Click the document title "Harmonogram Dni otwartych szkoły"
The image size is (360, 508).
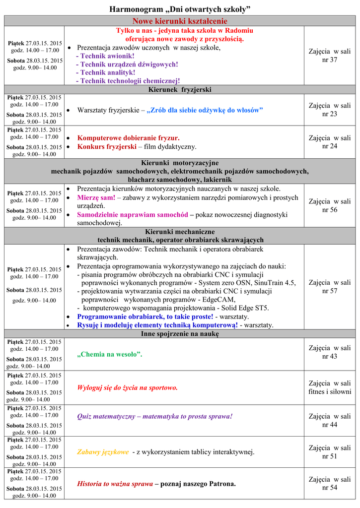(x=180, y=9)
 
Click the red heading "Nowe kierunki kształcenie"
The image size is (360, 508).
(x=180, y=21)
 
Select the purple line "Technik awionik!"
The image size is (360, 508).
(x=105, y=56)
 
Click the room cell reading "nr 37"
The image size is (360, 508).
(x=329, y=60)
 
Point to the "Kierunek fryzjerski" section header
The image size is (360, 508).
(x=180, y=90)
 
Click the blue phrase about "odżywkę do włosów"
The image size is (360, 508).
(x=205, y=110)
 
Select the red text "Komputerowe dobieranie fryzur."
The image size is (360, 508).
(x=129, y=138)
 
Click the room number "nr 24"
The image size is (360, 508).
(x=329, y=146)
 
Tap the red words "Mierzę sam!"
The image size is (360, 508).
(x=96, y=197)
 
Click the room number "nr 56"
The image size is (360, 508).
(x=329, y=210)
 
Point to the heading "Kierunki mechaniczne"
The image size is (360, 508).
(x=180, y=232)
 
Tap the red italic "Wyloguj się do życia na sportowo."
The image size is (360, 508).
(x=128, y=387)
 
